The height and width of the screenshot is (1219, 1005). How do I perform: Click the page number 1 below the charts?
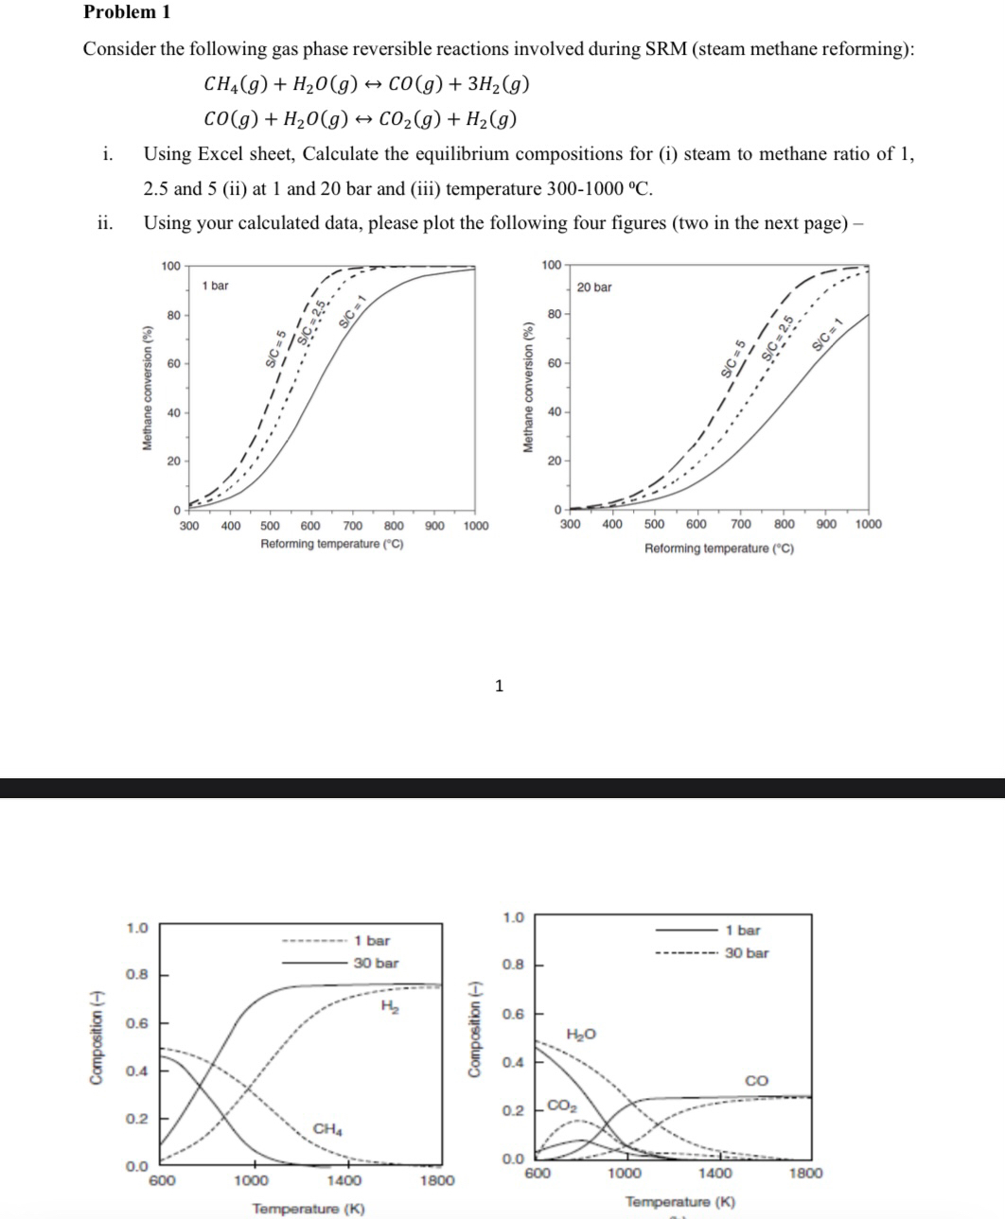(x=500, y=686)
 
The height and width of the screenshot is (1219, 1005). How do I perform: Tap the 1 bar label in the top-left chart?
(x=215, y=285)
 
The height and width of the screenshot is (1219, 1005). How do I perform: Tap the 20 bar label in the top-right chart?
(x=594, y=287)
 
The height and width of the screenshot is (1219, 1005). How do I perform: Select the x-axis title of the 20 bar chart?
(x=719, y=549)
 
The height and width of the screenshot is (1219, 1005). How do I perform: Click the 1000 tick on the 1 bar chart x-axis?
(x=476, y=526)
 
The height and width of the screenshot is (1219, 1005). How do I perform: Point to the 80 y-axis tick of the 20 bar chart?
(x=554, y=313)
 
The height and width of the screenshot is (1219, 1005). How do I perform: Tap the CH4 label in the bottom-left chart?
(x=327, y=1128)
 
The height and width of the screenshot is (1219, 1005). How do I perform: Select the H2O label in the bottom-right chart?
(x=581, y=1035)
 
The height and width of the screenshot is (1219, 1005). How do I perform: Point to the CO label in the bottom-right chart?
(x=757, y=1080)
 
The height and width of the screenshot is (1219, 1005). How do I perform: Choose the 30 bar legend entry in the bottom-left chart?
(x=376, y=963)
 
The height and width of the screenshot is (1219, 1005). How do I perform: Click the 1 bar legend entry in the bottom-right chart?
(x=742, y=931)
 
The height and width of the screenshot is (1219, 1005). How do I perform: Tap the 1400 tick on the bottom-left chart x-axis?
(x=344, y=1180)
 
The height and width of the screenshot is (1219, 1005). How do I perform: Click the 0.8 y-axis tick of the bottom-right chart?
(x=512, y=965)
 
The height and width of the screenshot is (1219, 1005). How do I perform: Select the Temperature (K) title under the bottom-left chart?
(x=308, y=1209)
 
